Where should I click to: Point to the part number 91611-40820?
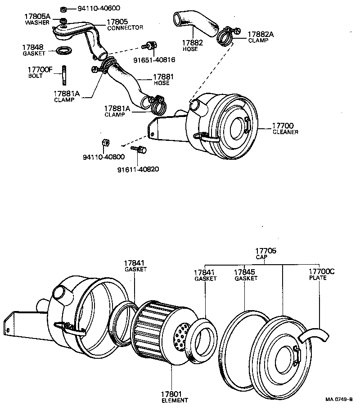(138, 169)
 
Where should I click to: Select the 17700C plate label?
(321, 275)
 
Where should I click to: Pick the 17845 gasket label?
(246, 275)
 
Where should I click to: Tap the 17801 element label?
(174, 396)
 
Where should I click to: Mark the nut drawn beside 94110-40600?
(64, 9)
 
